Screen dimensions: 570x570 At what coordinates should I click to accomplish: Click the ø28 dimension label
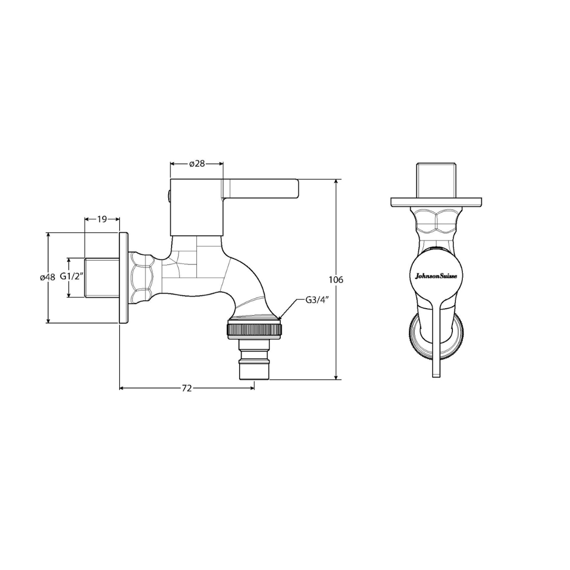197,164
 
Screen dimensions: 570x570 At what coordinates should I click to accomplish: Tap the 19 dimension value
102,218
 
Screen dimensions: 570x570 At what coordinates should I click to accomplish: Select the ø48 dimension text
47,278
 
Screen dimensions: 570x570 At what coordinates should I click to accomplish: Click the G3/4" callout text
317,300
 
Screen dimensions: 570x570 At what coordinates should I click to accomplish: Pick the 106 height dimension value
336,280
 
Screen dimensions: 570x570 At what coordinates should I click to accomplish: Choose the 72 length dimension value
186,388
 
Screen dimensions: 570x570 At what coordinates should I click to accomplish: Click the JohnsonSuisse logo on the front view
436,275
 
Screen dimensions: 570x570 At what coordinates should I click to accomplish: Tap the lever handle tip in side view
293,188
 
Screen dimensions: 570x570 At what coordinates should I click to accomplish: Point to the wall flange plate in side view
123,278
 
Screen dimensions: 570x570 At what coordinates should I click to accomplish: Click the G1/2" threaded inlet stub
102,278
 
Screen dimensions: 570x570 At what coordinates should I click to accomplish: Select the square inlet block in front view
436,179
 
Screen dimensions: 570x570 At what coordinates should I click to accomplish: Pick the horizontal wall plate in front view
436,202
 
